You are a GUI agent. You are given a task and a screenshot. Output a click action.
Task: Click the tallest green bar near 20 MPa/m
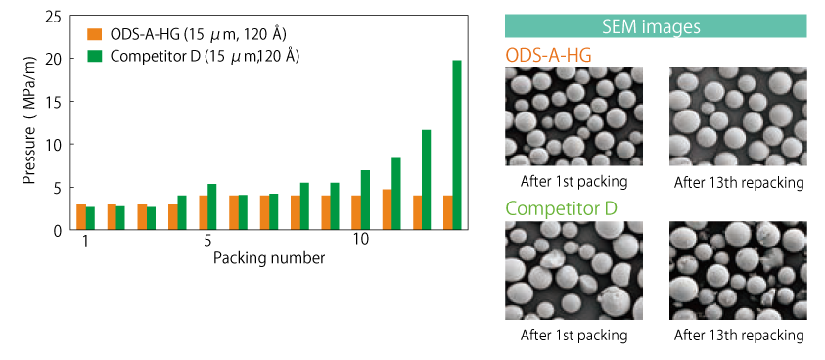[x=457, y=145]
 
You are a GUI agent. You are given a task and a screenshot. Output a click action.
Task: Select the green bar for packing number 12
[x=426, y=180]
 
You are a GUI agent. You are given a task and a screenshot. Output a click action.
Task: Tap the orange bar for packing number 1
[x=81, y=217]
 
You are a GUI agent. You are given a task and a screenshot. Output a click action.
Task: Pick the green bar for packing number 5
[x=212, y=206]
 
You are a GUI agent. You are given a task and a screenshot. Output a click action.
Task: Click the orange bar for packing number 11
[x=387, y=209]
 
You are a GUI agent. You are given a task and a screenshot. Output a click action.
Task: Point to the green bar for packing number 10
[x=365, y=200]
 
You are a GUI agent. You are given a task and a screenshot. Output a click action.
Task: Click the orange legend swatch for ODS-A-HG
[x=94, y=35]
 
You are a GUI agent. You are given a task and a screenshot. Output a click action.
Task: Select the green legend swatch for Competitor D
[x=94, y=57]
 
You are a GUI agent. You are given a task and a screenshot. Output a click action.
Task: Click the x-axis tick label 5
[x=207, y=241]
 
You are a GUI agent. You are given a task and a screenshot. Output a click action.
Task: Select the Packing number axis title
[x=268, y=258]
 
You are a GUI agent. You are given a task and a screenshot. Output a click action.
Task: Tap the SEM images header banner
[x=656, y=26]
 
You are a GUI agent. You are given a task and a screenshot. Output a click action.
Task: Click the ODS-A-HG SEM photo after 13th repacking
[x=738, y=116]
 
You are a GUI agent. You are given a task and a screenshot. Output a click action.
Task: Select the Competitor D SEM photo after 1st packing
[x=573, y=271]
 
